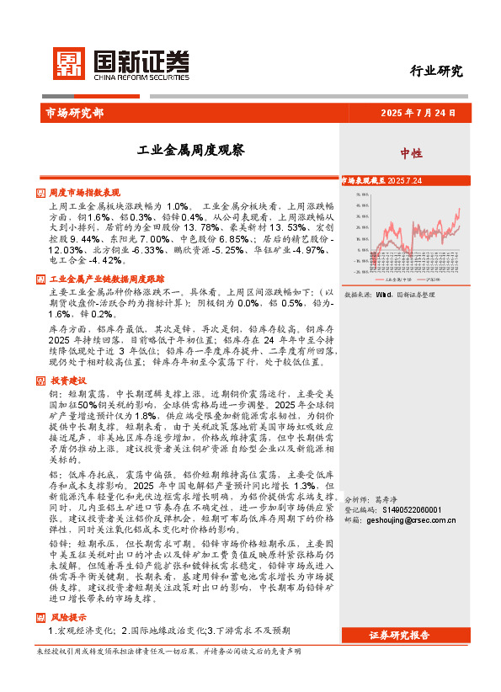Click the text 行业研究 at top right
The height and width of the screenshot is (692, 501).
[x=436, y=71]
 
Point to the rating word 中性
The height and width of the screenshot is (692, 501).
[x=412, y=153]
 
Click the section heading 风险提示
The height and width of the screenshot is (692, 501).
[x=67, y=617]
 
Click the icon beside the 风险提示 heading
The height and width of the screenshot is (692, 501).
[x=41, y=617]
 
